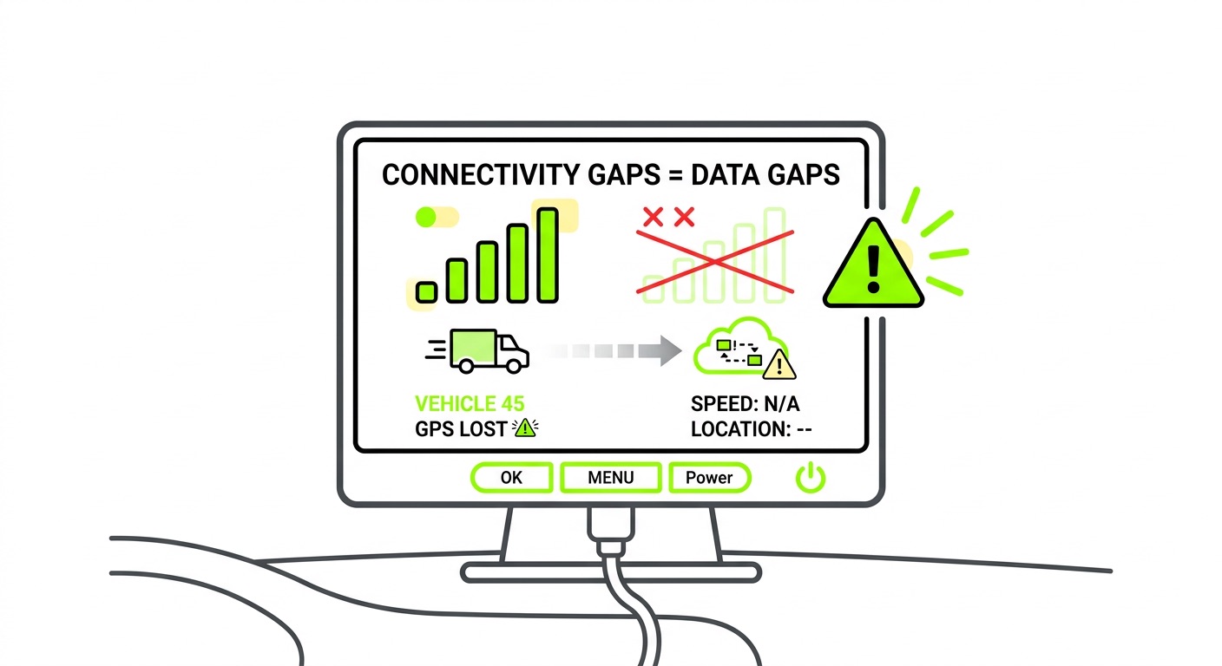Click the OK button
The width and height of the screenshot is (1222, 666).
[512, 477]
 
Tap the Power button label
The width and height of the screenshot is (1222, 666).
[709, 477]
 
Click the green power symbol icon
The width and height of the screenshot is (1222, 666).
[811, 477]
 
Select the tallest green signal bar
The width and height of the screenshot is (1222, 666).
[547, 255]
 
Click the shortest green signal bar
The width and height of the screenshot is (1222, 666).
[425, 291]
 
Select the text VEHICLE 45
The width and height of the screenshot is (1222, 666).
[470, 403]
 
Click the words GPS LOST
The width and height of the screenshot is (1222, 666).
[461, 428]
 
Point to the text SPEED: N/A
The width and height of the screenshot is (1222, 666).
[751, 404]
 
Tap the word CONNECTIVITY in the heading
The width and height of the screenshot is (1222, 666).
[478, 174]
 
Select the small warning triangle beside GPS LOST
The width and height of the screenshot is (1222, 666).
[525, 427]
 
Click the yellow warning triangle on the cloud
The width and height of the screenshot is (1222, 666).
[780, 365]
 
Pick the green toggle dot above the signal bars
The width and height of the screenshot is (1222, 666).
[426, 217]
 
